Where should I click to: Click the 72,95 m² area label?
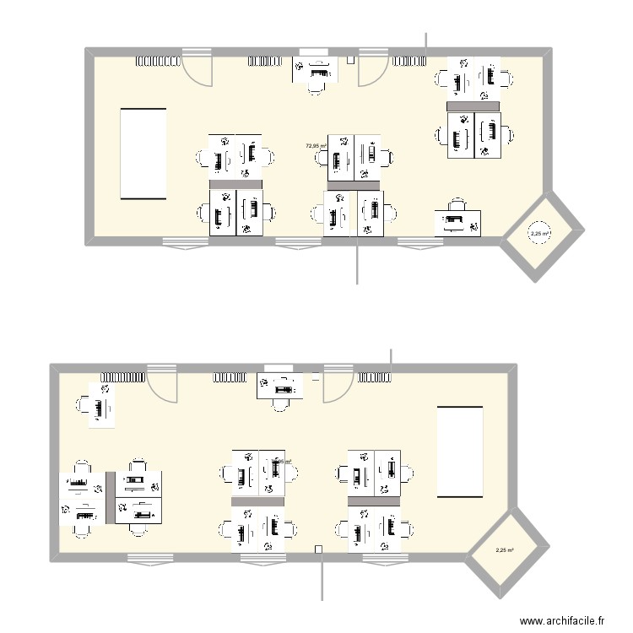316,146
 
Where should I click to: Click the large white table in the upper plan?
144,153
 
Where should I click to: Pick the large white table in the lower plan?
459,452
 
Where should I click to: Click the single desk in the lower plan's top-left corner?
100,406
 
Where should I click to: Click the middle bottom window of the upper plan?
299,245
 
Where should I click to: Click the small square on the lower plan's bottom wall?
319,550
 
